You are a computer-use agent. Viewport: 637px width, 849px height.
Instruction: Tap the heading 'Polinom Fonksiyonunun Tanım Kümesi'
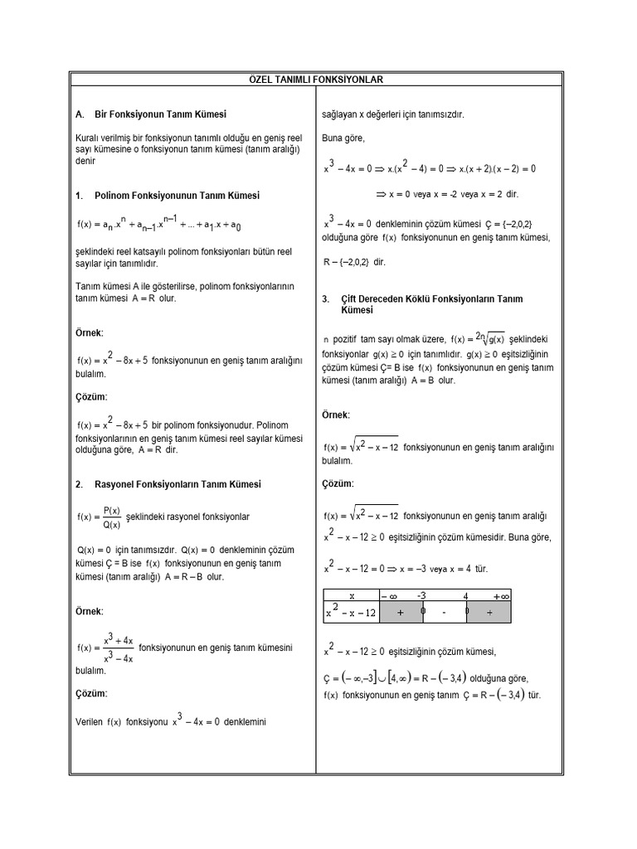(167, 196)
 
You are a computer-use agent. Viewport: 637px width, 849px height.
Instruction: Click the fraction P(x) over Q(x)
(112, 517)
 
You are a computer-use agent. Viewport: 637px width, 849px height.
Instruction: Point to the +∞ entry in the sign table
(501, 595)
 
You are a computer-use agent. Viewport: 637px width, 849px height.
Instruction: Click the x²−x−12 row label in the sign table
(351, 613)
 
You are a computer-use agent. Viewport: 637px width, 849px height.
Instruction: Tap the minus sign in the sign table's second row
(445, 613)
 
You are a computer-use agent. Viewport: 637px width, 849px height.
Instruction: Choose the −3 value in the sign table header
(421, 595)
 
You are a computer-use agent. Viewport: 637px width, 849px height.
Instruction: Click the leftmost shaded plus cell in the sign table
(400, 613)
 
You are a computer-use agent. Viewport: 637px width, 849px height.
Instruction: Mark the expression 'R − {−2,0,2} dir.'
(354, 262)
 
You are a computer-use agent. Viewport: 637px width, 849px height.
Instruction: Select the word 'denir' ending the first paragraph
(86, 161)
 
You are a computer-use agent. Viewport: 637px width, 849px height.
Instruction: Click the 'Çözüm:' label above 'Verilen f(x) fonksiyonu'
(91, 693)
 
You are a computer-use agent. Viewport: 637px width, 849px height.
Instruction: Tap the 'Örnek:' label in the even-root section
(336, 414)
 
